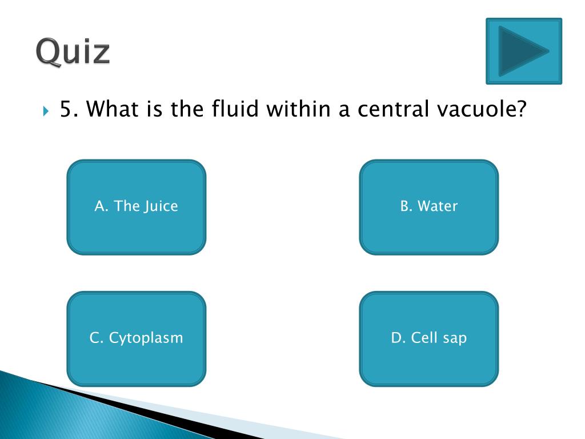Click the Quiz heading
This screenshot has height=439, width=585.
(73, 53)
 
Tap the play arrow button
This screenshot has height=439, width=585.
(523, 51)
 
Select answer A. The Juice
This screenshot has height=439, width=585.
(136, 206)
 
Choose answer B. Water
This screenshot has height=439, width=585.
(428, 206)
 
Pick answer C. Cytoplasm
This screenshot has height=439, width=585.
(136, 338)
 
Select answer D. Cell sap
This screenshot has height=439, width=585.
(428, 338)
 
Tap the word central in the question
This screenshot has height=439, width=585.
(393, 109)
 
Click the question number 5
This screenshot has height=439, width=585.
(67, 109)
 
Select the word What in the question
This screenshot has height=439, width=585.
(115, 109)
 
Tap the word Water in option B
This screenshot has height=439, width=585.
(438, 206)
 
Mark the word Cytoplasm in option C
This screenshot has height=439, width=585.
(146, 338)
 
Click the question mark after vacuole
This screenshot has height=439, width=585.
(519, 109)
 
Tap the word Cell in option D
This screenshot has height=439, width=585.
(424, 338)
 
